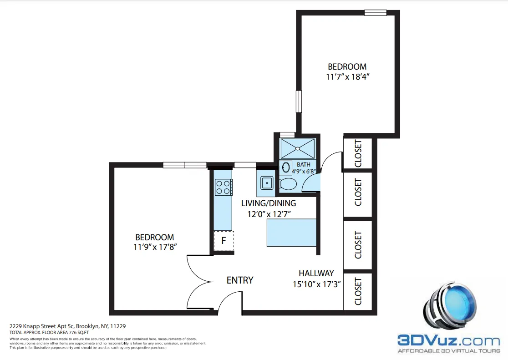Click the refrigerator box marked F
click(x=224, y=241)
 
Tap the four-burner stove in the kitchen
click(x=223, y=187)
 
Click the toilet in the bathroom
click(x=288, y=184)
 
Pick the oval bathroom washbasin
click(x=286, y=168)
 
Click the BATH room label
click(x=304, y=164)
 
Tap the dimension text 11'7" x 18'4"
click(x=347, y=77)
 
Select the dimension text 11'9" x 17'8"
click(x=155, y=247)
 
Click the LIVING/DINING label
click(x=269, y=203)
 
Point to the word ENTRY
click(x=240, y=280)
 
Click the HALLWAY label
click(x=316, y=273)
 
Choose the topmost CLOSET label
click(x=358, y=153)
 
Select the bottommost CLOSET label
click(x=358, y=291)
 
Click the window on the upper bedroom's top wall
click(x=376, y=13)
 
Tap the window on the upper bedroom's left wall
click(x=299, y=101)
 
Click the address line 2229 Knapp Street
click(x=68, y=326)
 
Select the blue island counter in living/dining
click(x=291, y=233)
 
